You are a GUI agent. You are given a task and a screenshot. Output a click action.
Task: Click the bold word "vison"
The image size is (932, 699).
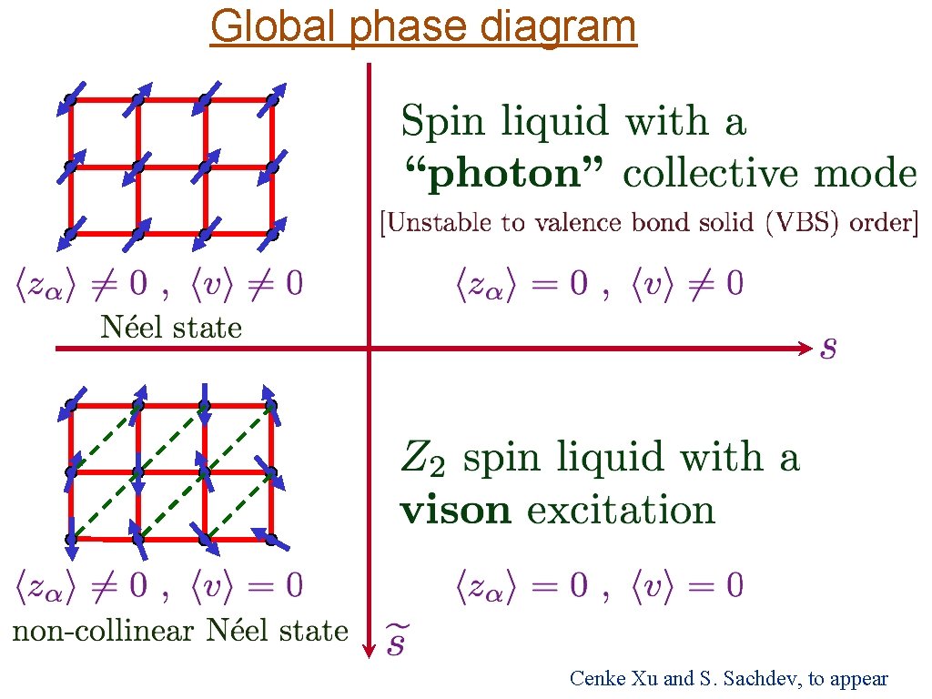(x=456, y=510)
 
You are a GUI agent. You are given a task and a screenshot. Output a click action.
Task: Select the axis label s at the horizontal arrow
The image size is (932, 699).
(x=828, y=347)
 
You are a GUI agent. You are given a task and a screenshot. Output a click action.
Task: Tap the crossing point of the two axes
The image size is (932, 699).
(x=369, y=348)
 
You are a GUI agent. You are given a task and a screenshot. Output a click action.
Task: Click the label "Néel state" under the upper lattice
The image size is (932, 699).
(x=171, y=327)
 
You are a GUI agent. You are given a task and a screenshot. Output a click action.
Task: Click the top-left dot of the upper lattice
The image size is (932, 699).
(x=70, y=99)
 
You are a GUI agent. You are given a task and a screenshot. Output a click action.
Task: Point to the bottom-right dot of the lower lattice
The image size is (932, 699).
(x=271, y=539)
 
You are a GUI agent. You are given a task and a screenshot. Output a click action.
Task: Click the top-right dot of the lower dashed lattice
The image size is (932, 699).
(x=271, y=406)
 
